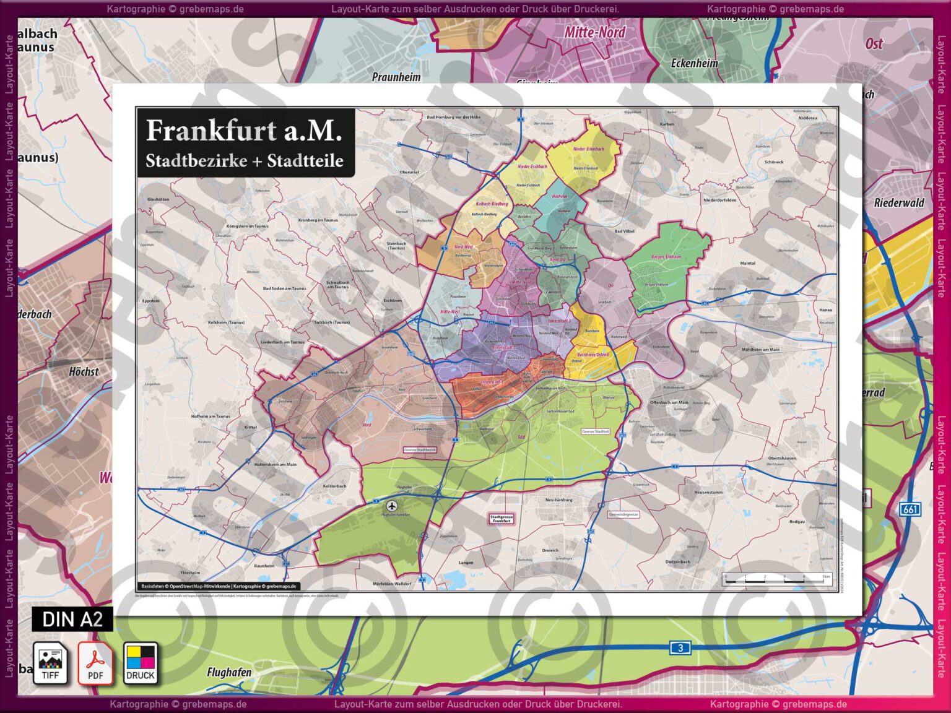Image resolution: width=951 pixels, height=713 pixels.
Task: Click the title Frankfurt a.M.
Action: pos(244,131)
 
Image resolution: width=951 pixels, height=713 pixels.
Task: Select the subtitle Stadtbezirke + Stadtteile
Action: pos(244,161)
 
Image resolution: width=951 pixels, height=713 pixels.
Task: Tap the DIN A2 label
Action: pos(72,619)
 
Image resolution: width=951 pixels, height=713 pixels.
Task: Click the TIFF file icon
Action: pos(50,663)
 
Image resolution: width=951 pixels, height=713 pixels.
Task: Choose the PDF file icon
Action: pos(95,663)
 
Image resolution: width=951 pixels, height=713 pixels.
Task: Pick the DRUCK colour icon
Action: pos(141,663)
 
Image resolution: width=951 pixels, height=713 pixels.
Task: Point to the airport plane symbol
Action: pos(391,506)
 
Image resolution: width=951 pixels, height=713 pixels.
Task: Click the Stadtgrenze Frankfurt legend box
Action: pos(502,519)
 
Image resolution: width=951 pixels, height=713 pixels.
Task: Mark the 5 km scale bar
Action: pos(778,580)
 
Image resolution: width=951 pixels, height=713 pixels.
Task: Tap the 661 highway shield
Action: pos(910,509)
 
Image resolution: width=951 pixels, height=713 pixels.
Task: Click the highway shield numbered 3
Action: pos(680,648)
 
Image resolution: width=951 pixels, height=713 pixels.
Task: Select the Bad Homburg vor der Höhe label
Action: pos(453,117)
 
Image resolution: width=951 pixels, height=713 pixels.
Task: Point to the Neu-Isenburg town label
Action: pos(558,499)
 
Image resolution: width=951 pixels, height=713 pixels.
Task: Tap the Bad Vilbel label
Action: pos(624,231)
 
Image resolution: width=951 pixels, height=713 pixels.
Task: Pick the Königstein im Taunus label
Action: pos(248,226)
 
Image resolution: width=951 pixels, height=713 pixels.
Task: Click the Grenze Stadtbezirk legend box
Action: pos(420,450)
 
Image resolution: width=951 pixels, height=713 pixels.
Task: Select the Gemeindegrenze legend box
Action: pos(623,514)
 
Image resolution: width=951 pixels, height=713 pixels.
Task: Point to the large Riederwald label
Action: pos(899,203)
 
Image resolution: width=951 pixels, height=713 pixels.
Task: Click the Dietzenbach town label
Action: pos(677,562)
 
